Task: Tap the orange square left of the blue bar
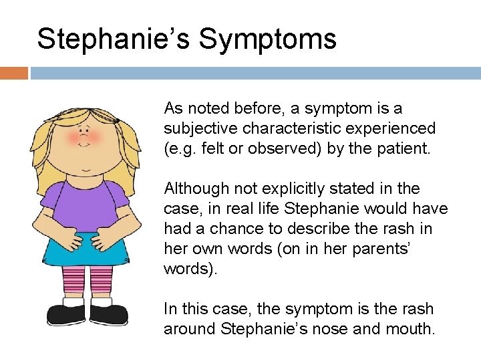click(x=13, y=73)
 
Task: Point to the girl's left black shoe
click(x=65, y=313)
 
